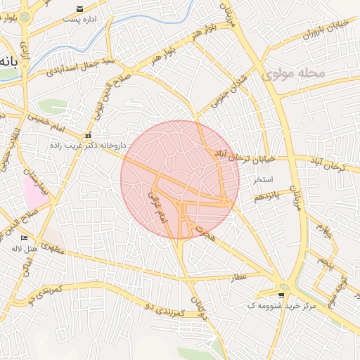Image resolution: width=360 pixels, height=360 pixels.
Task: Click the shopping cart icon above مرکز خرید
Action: point(281,296)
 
